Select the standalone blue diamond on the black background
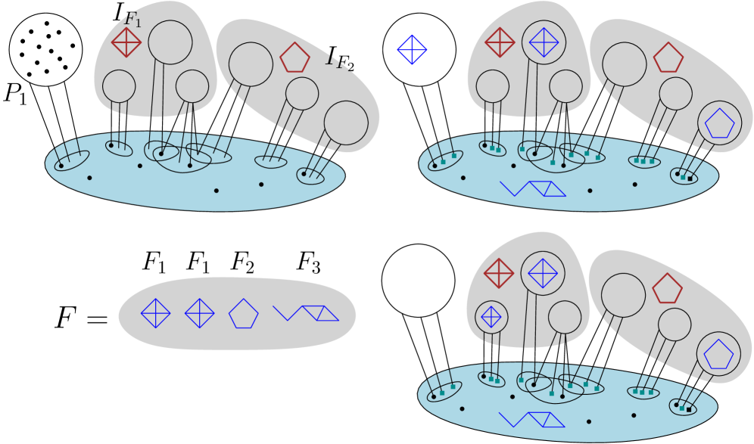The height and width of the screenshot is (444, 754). [x=412, y=50]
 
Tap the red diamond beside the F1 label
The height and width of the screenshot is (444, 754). [x=126, y=42]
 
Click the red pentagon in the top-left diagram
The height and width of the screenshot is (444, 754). [x=294, y=58]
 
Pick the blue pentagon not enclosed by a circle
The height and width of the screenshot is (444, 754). [x=243, y=313]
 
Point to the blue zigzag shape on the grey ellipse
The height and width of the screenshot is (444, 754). [x=306, y=313]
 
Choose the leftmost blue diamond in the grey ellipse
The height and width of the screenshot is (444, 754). [x=155, y=313]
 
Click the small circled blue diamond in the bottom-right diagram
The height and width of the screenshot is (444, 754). [x=491, y=317]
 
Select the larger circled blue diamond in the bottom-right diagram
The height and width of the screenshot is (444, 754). [x=543, y=273]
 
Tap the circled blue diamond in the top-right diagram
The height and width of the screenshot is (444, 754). [x=544, y=42]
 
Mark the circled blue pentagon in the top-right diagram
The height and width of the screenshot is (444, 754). [x=719, y=123]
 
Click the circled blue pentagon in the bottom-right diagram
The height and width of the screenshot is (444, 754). [x=718, y=354]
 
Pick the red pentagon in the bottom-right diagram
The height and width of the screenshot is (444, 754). [x=667, y=289]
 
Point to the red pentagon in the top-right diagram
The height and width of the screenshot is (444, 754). [x=668, y=58]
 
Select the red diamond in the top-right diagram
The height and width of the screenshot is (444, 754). [x=500, y=42]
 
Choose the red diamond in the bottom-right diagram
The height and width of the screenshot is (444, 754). [x=499, y=273]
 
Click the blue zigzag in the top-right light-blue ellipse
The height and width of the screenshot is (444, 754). [x=533, y=188]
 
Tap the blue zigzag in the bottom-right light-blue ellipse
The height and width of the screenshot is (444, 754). [x=532, y=419]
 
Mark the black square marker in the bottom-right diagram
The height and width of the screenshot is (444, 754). [x=689, y=409]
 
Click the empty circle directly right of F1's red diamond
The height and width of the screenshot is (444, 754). [x=170, y=42]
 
